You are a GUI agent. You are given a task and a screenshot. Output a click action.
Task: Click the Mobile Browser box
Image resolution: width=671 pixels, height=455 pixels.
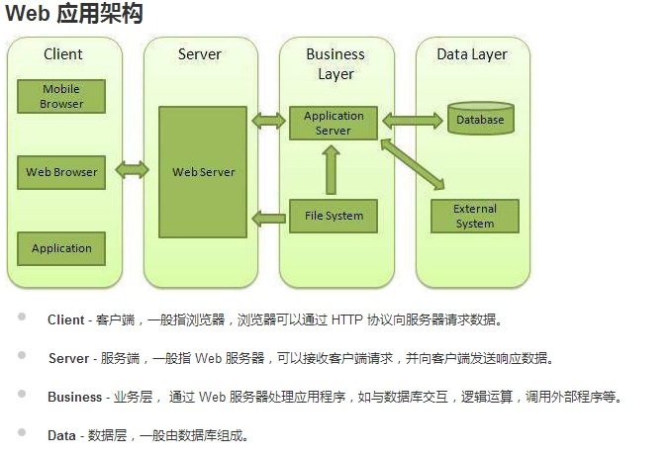click(x=61, y=97)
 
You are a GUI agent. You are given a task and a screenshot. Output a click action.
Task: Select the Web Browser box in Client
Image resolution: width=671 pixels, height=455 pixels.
click(x=61, y=172)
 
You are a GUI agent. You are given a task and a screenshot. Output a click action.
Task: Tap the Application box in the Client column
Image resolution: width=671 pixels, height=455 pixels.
click(x=61, y=248)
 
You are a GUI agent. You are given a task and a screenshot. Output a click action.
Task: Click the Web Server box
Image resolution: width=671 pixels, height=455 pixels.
click(x=203, y=172)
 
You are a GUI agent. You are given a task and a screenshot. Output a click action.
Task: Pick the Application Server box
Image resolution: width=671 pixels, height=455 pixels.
click(x=334, y=123)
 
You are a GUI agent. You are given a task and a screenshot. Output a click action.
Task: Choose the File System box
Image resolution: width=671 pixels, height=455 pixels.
click(x=334, y=216)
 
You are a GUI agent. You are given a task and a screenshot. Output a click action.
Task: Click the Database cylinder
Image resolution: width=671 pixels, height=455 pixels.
click(x=480, y=119)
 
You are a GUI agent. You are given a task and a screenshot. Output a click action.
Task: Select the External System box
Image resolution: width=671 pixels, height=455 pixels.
click(x=474, y=216)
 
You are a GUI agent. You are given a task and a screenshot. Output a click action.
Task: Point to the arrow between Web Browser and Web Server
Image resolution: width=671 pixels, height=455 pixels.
click(x=132, y=170)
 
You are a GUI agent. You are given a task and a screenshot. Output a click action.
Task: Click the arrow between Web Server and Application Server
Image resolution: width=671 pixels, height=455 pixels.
click(x=268, y=121)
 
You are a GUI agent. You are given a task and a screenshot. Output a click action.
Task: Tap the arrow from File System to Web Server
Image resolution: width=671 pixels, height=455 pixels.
click(x=268, y=217)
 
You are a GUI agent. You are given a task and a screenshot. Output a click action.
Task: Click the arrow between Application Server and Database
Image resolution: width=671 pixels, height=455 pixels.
click(x=412, y=121)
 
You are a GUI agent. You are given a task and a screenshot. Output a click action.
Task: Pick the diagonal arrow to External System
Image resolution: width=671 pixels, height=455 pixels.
click(x=413, y=164)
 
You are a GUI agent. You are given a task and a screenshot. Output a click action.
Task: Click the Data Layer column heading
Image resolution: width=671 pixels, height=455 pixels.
click(x=472, y=54)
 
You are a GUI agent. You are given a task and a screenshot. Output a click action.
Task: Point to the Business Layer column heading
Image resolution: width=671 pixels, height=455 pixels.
click(x=335, y=63)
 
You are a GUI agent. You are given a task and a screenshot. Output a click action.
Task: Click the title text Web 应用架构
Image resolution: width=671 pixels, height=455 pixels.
click(x=75, y=14)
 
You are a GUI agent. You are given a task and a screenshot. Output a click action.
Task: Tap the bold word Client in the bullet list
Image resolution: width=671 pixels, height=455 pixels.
click(x=66, y=319)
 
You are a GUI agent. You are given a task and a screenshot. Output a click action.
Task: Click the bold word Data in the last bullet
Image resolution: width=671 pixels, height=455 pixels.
click(x=62, y=434)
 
